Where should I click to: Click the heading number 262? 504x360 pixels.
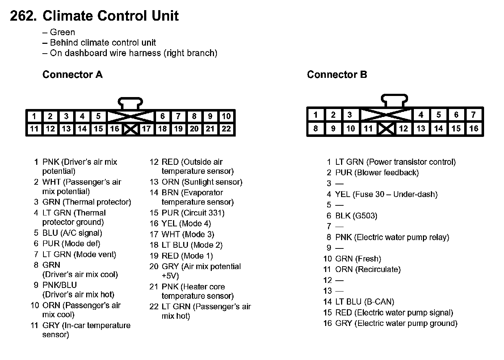coord(23,16)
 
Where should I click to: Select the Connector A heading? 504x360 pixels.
coord(72,75)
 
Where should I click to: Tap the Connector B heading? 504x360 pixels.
coord(337,75)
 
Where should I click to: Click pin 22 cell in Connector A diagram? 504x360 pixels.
coord(226,129)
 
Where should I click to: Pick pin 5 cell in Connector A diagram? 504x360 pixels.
coord(98,116)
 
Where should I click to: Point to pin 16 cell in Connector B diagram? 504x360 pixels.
coord(474,128)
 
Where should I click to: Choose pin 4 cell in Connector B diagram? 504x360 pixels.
coord(421,115)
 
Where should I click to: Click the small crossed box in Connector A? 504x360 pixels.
coord(130,129)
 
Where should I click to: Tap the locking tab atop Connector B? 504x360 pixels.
coord(394,100)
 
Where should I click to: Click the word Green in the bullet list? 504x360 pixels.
coord(62,32)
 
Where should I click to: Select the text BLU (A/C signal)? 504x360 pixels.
coord(72,233)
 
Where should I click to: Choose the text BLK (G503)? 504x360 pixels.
coord(356,216)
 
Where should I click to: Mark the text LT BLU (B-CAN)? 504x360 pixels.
coord(365,302)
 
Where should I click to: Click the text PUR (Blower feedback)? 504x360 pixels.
coord(377,173)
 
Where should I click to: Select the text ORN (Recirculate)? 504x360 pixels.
coord(368,269)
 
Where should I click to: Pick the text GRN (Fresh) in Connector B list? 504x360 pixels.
coord(358,259)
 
